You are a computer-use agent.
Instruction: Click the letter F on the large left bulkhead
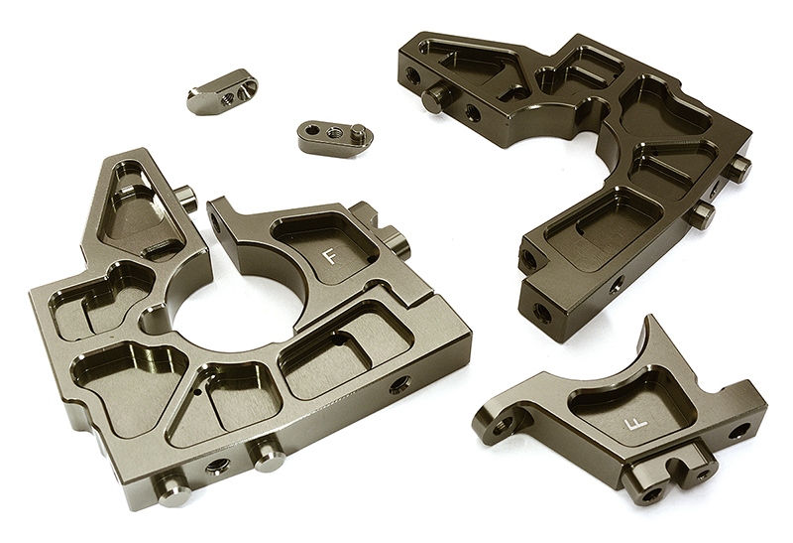click(330, 256)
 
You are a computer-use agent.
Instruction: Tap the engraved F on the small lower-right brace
click(635, 424)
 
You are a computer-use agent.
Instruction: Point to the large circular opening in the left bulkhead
click(239, 313)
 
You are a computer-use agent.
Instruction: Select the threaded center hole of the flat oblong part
click(333, 133)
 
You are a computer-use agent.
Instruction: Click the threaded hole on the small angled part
click(229, 96)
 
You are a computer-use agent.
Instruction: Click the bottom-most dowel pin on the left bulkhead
click(174, 490)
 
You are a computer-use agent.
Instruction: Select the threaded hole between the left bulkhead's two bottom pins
click(218, 465)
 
